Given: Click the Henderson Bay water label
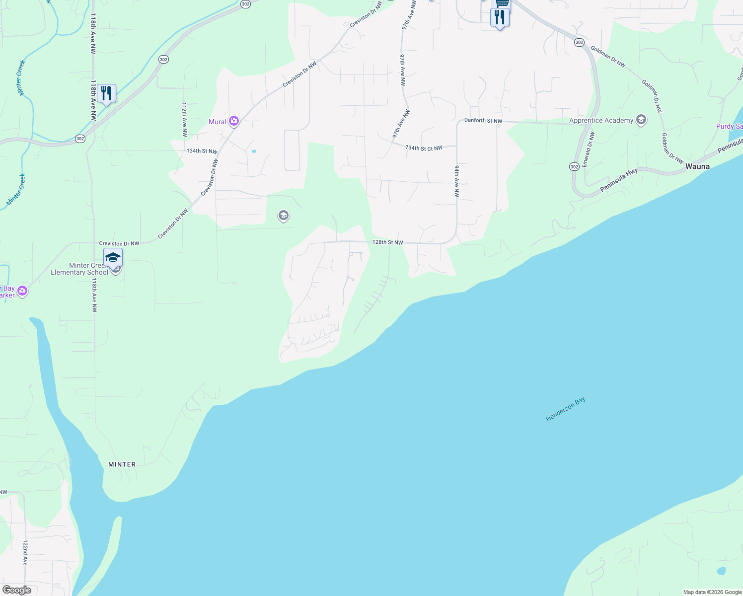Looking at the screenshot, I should coord(565,409).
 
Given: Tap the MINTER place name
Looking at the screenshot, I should coord(122,464).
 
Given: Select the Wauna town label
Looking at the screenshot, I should coord(697,166).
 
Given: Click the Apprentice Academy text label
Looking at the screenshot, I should coord(601,120).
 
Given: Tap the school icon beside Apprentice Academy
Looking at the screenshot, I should coord(641,120).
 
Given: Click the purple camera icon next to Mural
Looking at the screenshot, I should coord(233,121).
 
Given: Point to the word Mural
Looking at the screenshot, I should coord(218,122).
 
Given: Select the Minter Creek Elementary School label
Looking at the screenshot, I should coord(79,269).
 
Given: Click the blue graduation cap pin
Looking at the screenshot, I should coord(113,258).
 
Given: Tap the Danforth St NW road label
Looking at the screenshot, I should coord(483,121).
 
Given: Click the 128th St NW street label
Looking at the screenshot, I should coord(387,242).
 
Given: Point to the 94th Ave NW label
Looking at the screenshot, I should coord(456,181).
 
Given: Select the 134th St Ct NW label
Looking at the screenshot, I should coord(424,148).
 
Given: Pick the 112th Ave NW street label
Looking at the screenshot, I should coord(184,120).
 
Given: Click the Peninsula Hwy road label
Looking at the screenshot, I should coord(619,180).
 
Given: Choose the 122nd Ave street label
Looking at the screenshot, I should coord(25,553).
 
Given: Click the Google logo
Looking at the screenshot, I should coord(16,590).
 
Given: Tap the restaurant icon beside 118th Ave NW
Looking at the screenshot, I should coord(106,93).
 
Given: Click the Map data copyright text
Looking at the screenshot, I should coord(712,592).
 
